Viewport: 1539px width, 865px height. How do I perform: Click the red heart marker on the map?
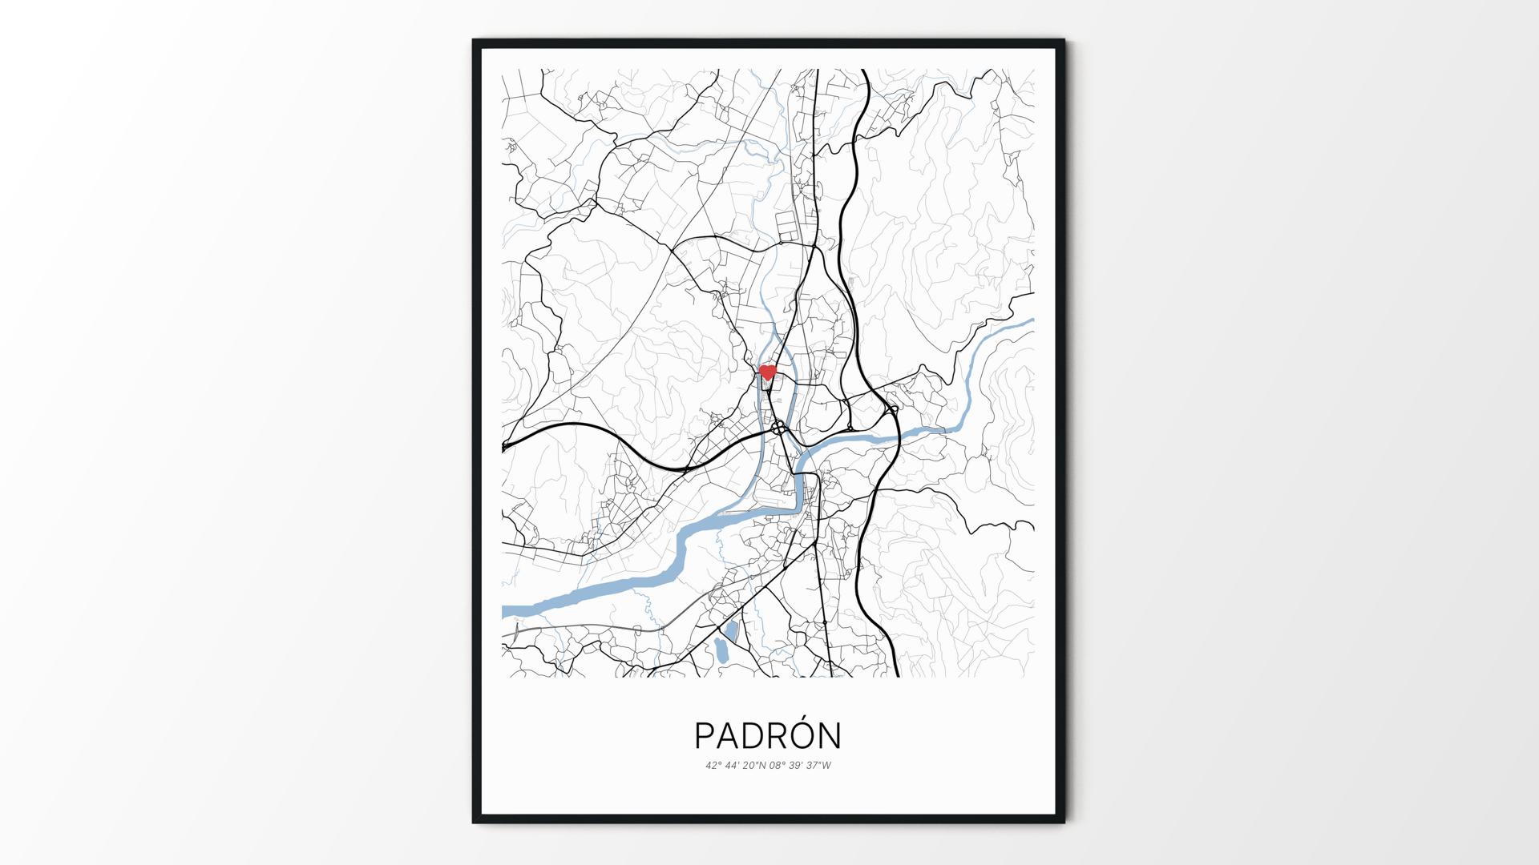coord(767,372)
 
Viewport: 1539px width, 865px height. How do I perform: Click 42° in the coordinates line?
coord(713,766)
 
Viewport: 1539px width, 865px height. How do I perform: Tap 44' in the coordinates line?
coord(733,766)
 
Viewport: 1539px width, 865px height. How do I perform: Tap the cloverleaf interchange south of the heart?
coord(779,429)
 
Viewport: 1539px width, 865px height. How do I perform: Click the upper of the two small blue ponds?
coord(732,629)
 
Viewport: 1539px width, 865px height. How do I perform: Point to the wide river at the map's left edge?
coord(513,611)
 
